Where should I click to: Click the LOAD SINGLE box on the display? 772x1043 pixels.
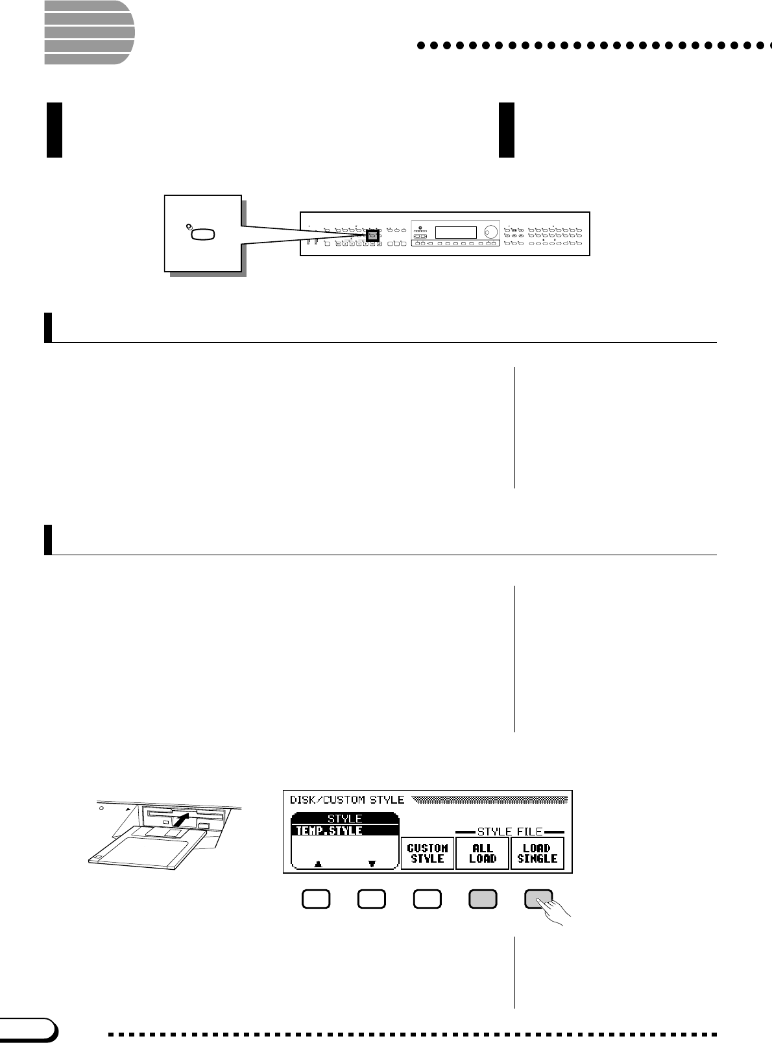(537, 853)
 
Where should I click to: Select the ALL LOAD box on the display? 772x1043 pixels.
(482, 853)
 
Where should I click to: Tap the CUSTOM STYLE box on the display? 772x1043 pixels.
(427, 853)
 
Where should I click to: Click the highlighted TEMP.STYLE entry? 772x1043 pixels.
(344, 830)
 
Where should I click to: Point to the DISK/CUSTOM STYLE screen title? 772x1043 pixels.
(346, 800)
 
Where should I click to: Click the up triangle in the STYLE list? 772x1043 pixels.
(317, 863)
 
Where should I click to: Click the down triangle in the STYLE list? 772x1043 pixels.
(372, 863)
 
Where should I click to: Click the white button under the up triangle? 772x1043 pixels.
(316, 899)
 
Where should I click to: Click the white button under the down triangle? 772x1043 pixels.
(372, 899)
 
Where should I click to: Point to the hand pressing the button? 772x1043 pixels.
(555, 909)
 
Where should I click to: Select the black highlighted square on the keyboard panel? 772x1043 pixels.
(372, 235)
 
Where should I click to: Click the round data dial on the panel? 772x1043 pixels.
(490, 232)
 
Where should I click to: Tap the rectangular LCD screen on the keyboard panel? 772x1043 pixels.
(455, 232)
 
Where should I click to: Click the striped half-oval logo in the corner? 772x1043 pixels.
(88, 32)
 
